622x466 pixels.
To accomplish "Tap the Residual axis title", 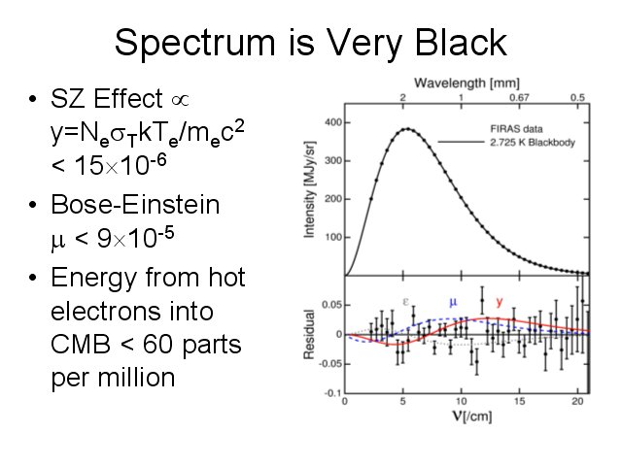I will tap(309, 336).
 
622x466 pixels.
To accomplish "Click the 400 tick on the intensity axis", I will tap(332, 122).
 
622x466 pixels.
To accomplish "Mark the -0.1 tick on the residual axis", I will tap(331, 392).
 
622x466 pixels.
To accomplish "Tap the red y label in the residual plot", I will tap(500, 302).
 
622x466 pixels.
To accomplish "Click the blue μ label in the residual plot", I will tap(452, 302).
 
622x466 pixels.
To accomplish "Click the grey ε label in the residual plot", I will tap(405, 302).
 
